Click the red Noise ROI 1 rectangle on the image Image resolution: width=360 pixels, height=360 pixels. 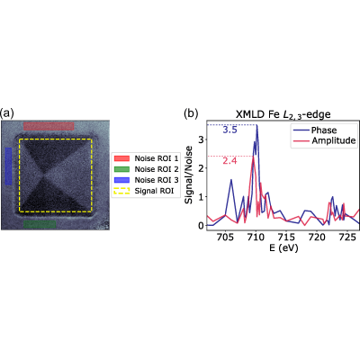click(49, 126)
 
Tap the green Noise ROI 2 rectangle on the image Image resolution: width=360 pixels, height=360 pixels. click(40, 224)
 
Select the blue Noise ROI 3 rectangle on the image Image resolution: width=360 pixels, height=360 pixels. click(9, 166)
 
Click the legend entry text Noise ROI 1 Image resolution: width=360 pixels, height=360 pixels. click(157, 158)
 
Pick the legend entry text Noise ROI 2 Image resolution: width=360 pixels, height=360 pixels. click(157, 169)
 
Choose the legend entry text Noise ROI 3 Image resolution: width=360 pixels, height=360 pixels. click(157, 180)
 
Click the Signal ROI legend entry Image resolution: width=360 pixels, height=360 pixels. click(154, 191)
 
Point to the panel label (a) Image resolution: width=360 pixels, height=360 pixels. click(7, 113)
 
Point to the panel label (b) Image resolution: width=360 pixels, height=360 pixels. click(191, 113)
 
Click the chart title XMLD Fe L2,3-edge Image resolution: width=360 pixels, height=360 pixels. click(283, 114)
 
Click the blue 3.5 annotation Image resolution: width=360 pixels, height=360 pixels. click(229, 130)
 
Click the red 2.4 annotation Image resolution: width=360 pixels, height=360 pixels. click(229, 161)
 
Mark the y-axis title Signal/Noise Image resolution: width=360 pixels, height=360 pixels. click(189, 175)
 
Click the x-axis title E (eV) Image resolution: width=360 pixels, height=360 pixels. click(280, 247)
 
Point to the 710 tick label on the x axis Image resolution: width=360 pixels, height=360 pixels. click(256, 238)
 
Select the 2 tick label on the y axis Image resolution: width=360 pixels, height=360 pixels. click(201, 168)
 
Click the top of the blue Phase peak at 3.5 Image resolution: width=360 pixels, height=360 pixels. click(256, 125)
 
